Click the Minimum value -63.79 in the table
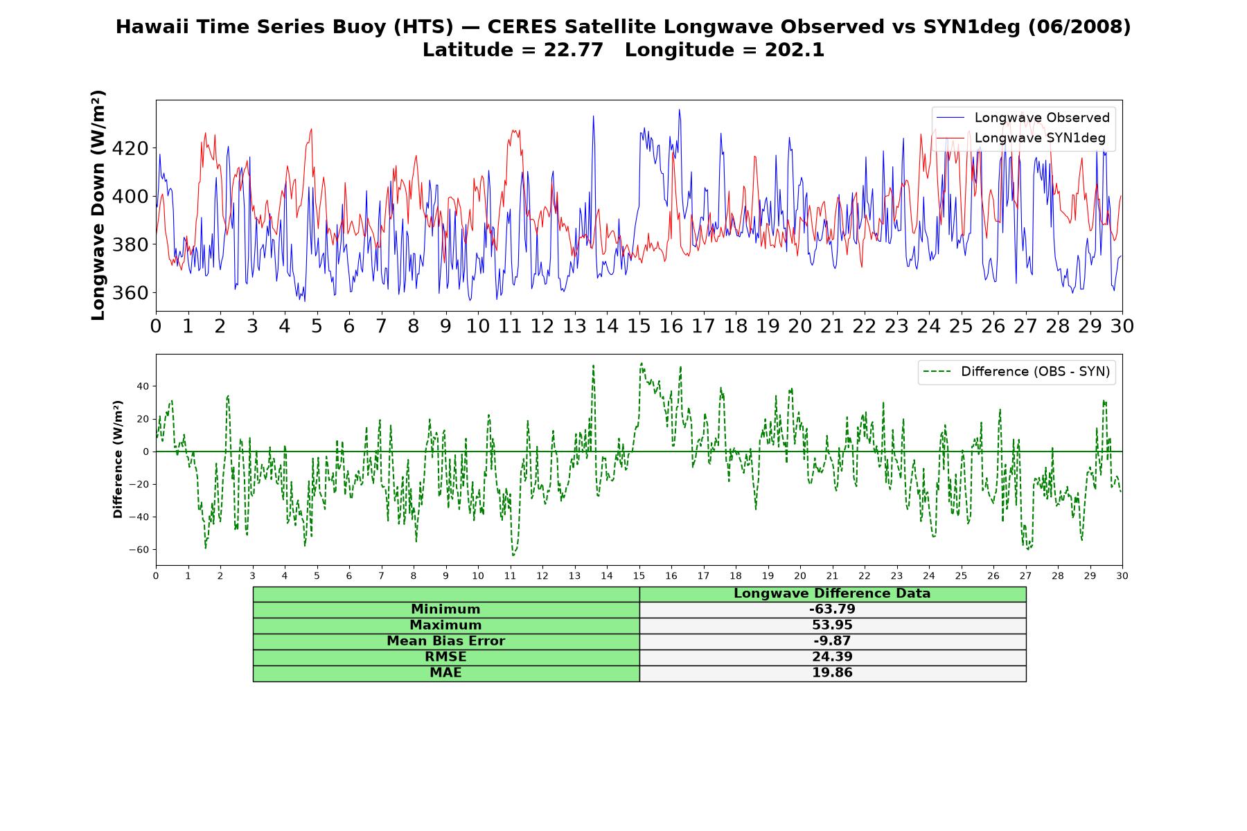pos(832,609)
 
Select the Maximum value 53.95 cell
pos(832,625)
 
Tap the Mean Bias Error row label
pos(445,641)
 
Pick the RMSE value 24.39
pos(832,657)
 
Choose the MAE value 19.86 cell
pos(832,673)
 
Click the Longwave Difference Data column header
pos(832,593)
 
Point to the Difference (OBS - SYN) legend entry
pos(1016,372)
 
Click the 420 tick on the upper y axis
pos(130,148)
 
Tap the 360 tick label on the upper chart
pos(130,293)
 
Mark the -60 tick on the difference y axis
pos(139,550)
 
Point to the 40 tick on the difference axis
pos(143,386)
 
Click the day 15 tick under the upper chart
pos(639,326)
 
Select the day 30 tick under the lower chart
pos(1122,576)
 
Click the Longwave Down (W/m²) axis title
pos(98,205)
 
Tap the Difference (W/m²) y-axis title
pos(118,459)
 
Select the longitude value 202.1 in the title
pos(795,50)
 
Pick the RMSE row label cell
pos(446,657)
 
